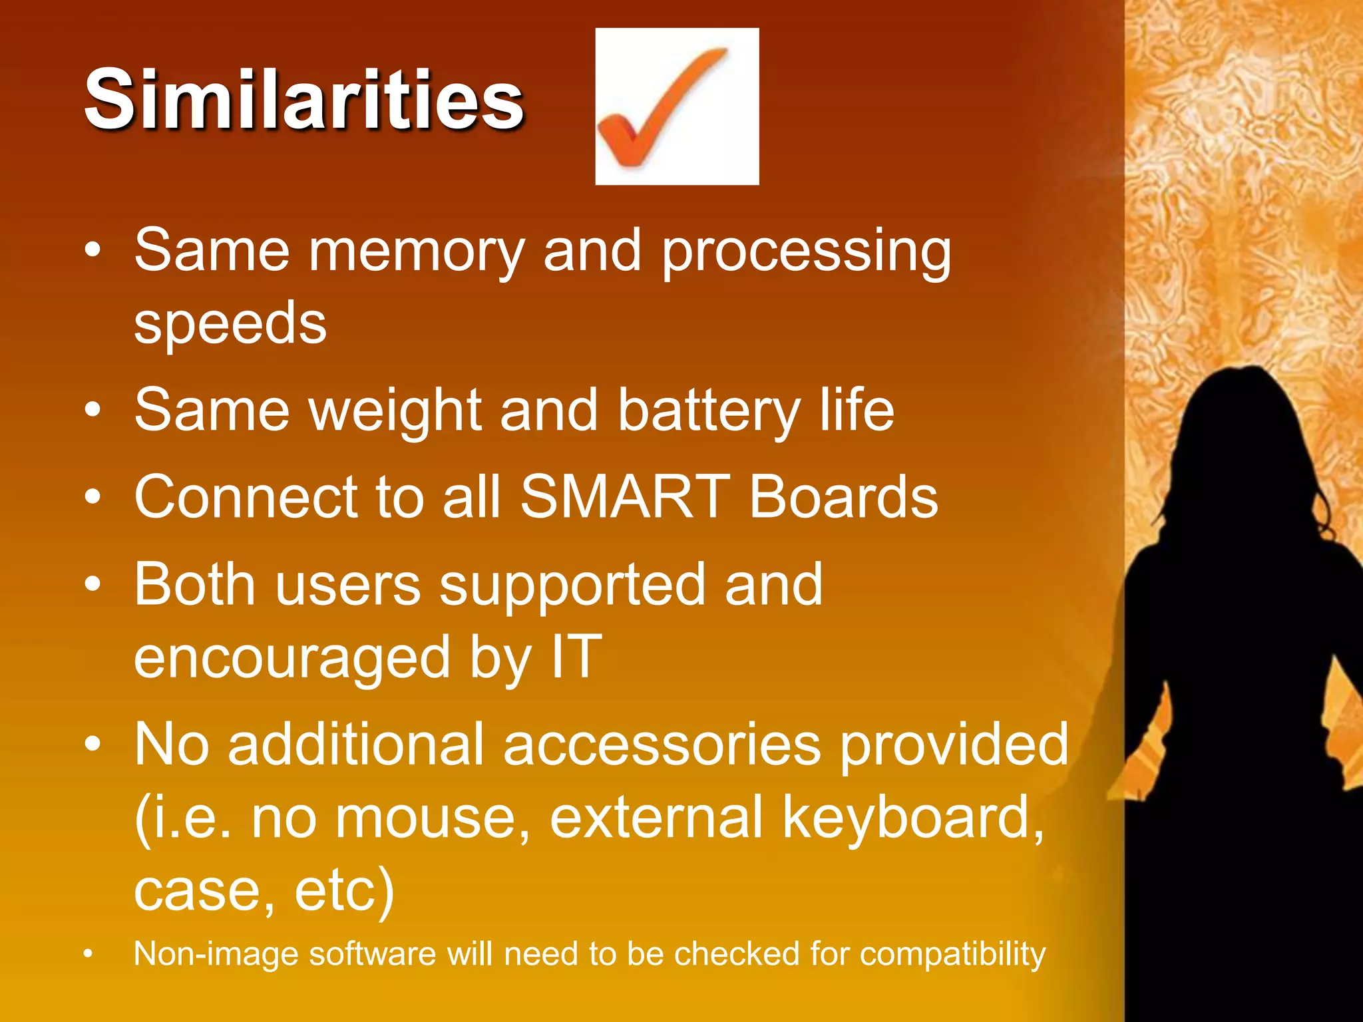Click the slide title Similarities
(304, 100)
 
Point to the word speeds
(230, 325)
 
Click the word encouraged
(292, 659)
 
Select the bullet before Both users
(93, 584)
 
